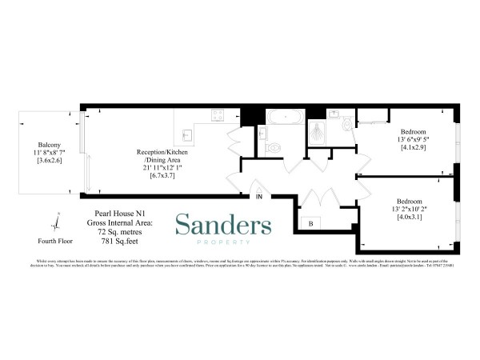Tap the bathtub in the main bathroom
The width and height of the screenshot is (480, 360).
click(284, 118)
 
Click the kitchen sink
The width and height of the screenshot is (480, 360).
click(186, 134)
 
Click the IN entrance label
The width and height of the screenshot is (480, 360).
click(259, 195)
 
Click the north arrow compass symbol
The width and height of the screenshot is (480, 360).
click(57, 218)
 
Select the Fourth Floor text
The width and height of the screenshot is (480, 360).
click(56, 239)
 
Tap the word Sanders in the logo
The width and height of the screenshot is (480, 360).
click(223, 225)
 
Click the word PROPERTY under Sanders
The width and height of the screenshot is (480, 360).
click(223, 242)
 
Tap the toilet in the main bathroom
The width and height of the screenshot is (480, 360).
click(274, 146)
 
